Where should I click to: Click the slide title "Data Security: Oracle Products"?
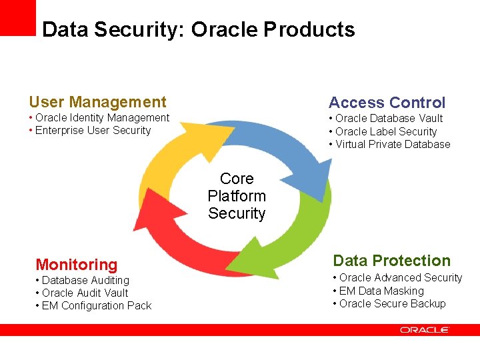(x=198, y=30)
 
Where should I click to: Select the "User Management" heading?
(x=97, y=102)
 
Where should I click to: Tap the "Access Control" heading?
(x=387, y=103)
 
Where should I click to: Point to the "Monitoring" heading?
(x=76, y=265)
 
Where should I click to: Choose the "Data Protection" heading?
(x=391, y=261)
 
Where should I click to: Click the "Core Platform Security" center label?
(x=237, y=196)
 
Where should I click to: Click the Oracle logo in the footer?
(x=425, y=329)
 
